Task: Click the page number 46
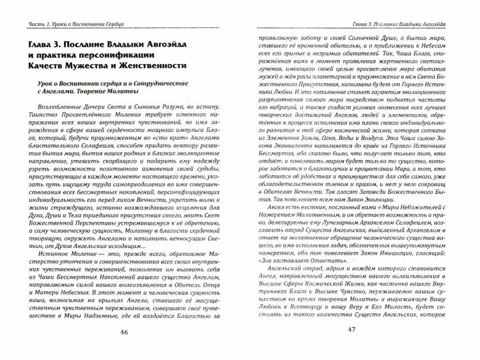(x=121, y=351)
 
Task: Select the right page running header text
(x=409, y=7)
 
